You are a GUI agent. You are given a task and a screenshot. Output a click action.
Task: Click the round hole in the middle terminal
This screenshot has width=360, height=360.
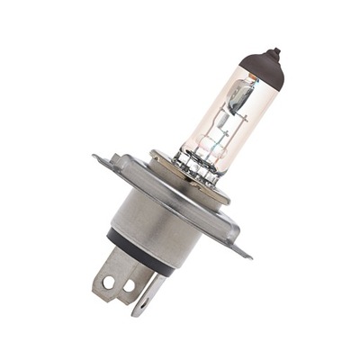(x=129, y=285)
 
